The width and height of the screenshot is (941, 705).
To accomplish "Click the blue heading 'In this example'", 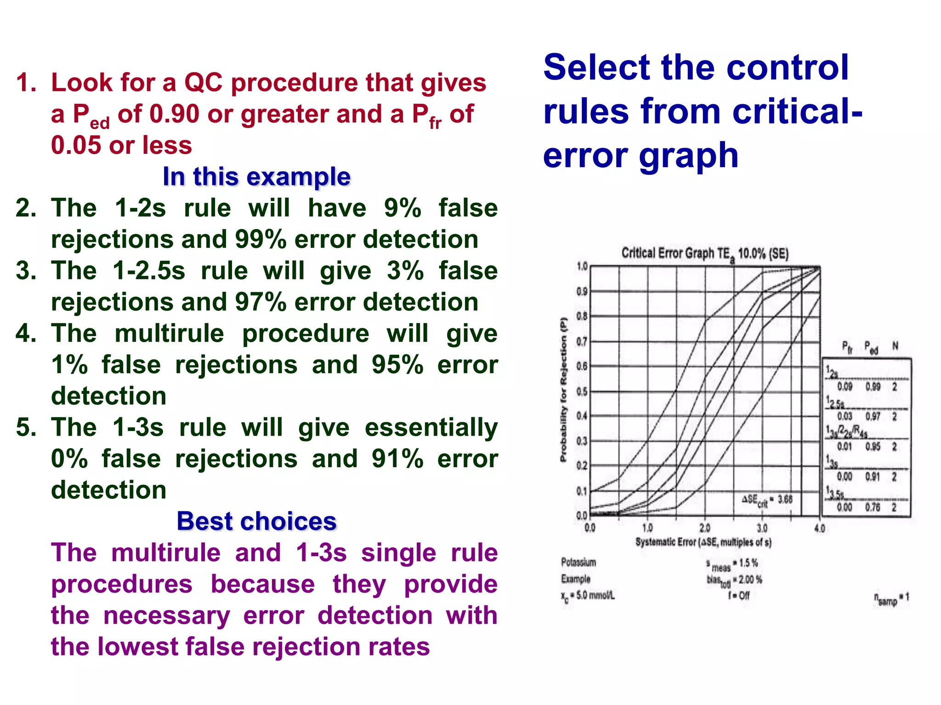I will (x=256, y=177).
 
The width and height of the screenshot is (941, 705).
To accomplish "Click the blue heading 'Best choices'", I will (x=256, y=521).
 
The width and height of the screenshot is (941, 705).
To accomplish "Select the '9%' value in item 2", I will (x=402, y=208).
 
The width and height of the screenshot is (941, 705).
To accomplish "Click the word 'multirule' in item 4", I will (x=169, y=333).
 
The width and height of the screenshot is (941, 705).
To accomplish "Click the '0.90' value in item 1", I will (x=175, y=114).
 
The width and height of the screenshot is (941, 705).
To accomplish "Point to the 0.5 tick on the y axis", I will (x=582, y=392).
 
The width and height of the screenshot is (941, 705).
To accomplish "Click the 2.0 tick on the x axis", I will (x=704, y=528).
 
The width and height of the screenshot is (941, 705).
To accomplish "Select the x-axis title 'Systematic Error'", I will (x=666, y=542).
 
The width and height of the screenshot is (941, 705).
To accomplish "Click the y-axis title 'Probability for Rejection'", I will (x=563, y=390).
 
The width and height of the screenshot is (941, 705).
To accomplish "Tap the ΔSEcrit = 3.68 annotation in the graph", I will (x=767, y=500).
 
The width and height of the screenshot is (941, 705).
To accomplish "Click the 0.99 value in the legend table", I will (x=873, y=387).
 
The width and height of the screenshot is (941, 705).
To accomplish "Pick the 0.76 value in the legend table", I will (x=873, y=507).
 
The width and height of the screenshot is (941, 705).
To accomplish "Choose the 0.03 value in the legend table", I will (x=845, y=416).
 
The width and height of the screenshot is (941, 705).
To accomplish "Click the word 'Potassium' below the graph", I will (x=578, y=562).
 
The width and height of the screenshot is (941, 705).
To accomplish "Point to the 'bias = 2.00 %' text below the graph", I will (x=734, y=580).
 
